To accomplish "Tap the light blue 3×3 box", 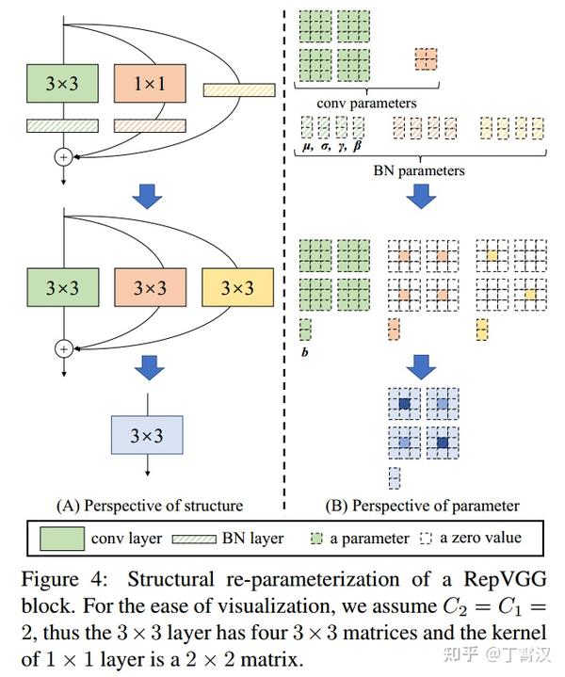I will (146, 436).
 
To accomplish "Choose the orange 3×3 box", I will (148, 289).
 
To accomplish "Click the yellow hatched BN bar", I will (238, 89).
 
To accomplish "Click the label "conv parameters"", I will (367, 102).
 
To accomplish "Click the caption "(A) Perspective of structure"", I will (150, 506).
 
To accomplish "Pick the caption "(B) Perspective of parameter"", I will (422, 506).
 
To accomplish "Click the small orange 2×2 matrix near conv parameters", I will (426, 59).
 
